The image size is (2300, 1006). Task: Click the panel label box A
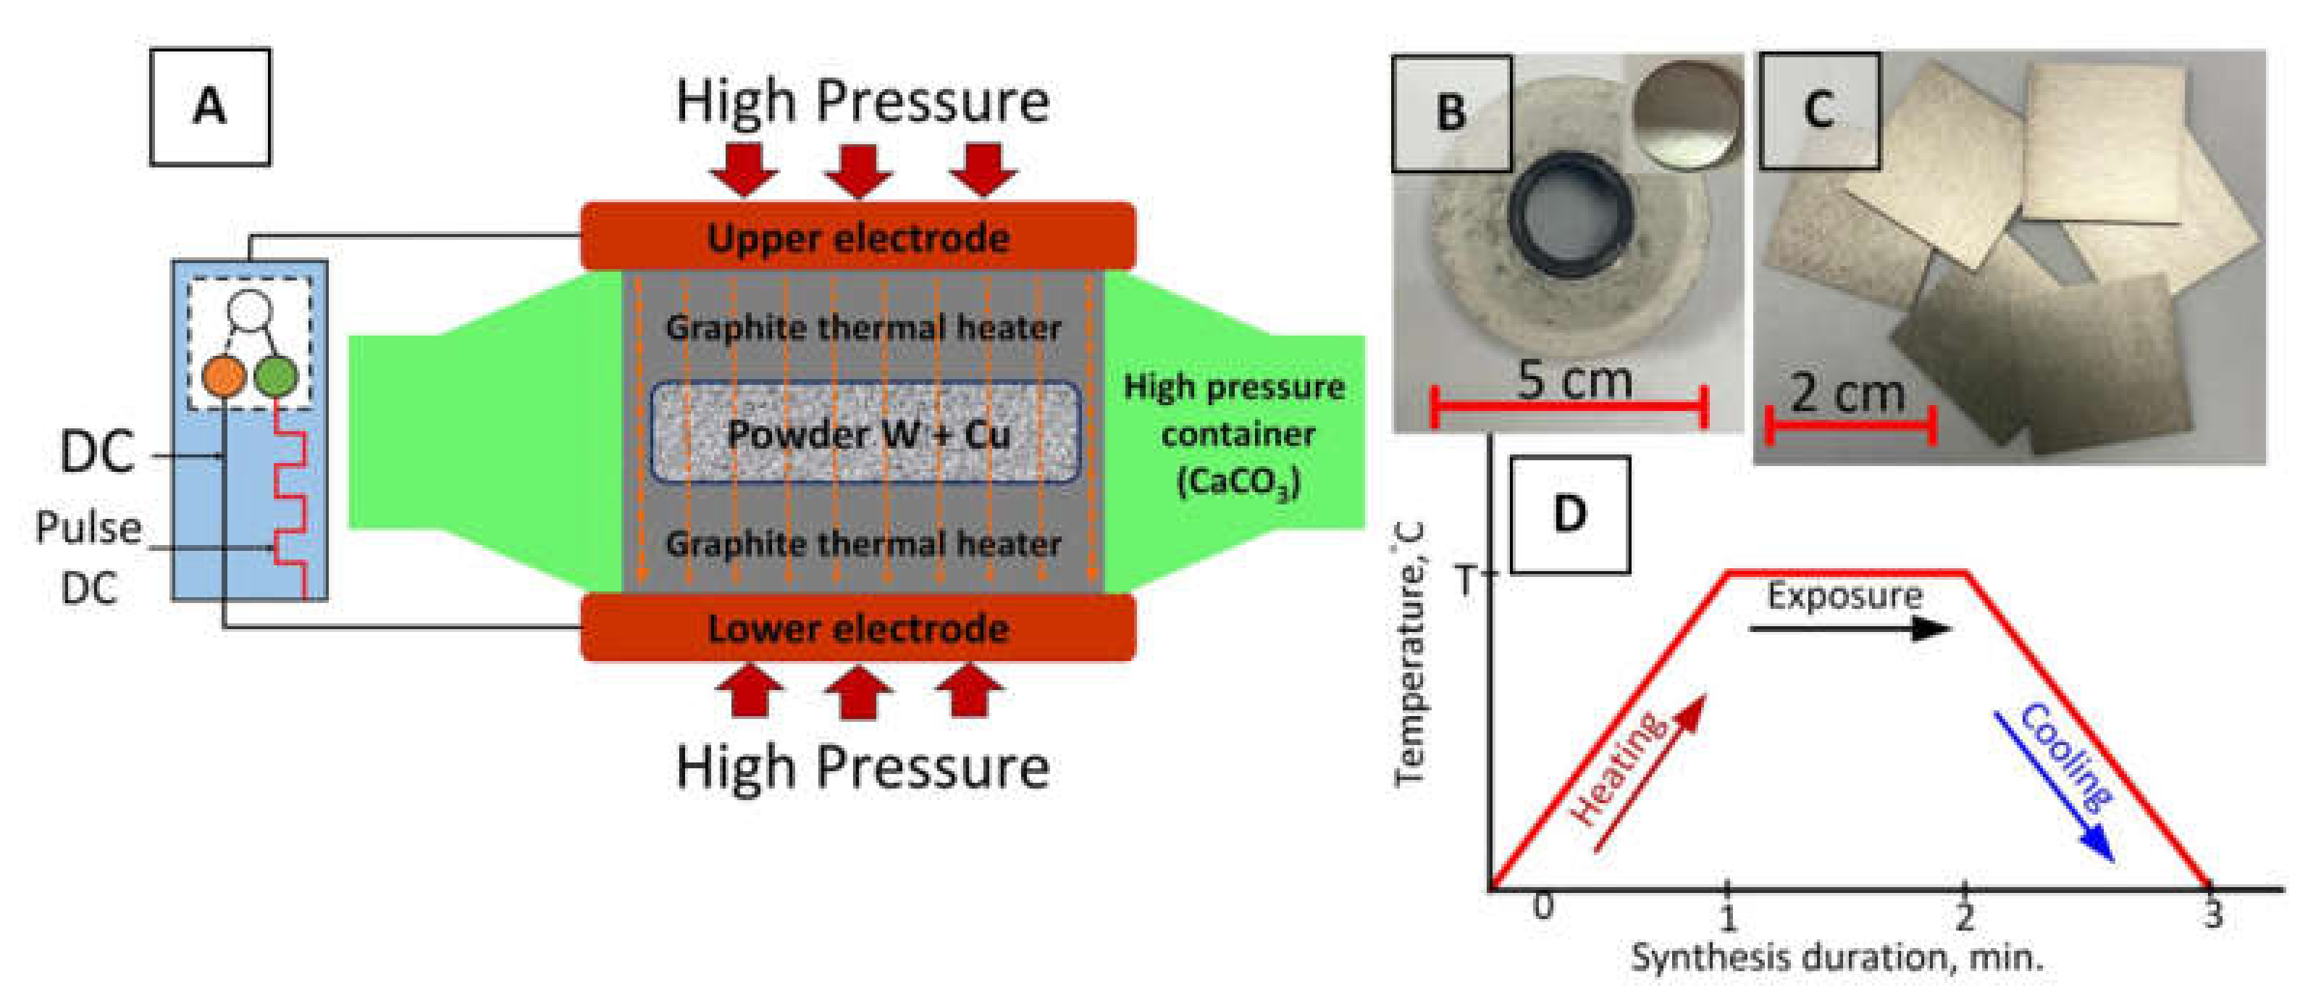pos(210,107)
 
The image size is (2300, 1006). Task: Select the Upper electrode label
pos(858,238)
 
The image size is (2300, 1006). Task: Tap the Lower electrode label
pos(858,629)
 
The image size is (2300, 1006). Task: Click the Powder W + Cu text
pos(868,434)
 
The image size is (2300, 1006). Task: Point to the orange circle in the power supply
pos(223,376)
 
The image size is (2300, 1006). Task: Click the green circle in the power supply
pos(276,376)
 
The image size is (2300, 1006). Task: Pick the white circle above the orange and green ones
pos(249,310)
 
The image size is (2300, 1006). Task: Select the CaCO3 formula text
pos(1238,483)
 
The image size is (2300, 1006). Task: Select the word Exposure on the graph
pos(1844,596)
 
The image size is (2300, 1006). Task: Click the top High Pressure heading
pos(862,100)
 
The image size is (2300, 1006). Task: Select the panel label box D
pos(1569,515)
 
